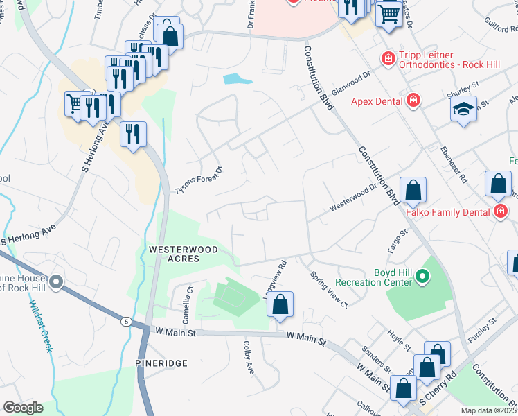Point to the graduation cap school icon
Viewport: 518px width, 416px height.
(x=463, y=109)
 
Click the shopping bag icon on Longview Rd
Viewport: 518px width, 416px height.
(x=280, y=304)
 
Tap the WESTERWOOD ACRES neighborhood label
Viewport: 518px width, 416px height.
(x=173, y=254)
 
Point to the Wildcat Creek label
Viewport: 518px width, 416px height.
(x=41, y=326)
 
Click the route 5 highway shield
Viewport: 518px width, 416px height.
(x=125, y=321)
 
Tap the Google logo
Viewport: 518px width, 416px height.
(x=22, y=407)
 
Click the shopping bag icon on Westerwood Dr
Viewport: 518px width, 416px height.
(x=413, y=189)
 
